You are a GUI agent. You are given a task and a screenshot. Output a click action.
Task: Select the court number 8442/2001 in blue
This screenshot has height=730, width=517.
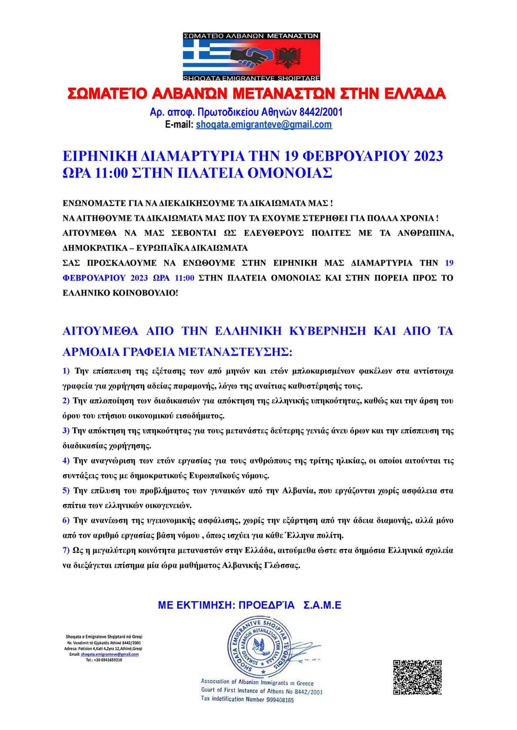tap(321, 112)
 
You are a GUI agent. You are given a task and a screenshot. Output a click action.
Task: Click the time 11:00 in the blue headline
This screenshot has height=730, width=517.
tap(112, 173)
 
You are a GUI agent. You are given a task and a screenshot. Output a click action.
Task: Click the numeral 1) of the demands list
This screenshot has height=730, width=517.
tap(66, 371)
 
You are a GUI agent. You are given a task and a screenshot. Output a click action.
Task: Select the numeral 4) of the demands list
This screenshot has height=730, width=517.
tap(66, 460)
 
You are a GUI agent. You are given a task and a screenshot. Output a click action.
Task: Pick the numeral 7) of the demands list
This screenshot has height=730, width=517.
tap(66, 550)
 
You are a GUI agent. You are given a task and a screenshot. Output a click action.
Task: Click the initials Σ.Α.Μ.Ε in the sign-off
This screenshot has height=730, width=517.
tap(322, 605)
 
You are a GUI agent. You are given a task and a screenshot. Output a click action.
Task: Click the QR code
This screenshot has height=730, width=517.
tap(417, 677)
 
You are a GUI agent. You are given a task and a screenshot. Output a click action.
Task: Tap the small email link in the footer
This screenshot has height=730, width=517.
tap(110, 654)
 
